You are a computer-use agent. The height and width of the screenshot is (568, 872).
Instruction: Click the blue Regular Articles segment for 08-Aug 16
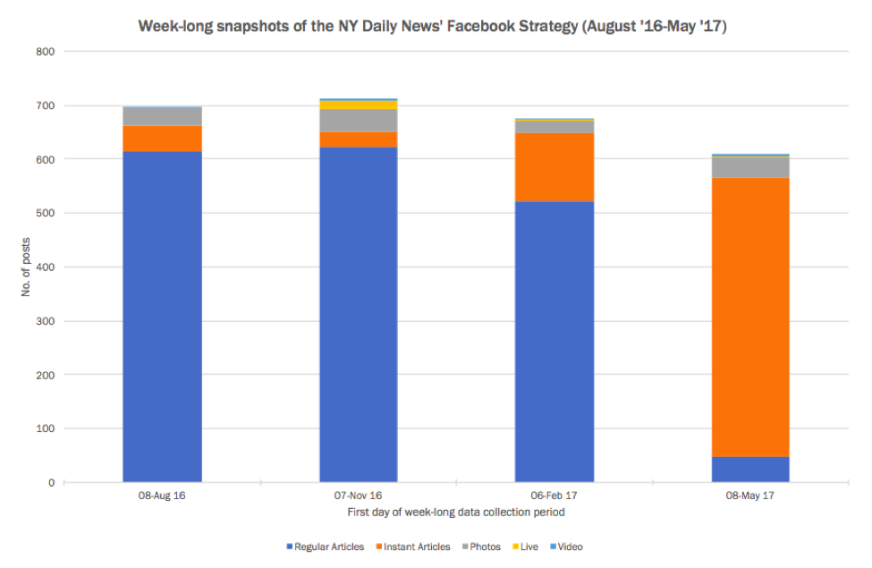click(162, 317)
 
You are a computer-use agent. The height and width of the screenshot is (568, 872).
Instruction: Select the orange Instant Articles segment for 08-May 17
click(749, 317)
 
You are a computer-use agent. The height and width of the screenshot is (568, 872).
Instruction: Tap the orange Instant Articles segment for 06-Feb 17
click(555, 166)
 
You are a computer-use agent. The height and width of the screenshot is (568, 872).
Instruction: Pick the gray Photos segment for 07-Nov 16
click(358, 120)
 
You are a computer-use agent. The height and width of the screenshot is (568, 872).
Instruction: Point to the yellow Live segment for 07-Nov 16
click(358, 105)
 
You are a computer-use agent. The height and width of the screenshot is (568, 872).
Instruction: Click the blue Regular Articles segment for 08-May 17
click(749, 470)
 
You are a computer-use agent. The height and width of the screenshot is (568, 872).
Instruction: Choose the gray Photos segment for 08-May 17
click(749, 166)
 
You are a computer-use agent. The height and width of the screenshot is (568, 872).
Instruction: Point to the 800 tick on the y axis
click(47, 52)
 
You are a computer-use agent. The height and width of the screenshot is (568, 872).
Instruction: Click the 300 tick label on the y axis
click(47, 321)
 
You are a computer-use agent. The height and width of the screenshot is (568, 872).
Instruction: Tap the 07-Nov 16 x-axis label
click(358, 495)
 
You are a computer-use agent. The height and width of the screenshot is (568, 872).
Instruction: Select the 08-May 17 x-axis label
click(749, 495)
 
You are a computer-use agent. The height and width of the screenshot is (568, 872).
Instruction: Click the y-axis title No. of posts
click(27, 267)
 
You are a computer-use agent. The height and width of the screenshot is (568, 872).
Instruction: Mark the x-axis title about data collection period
click(455, 513)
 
